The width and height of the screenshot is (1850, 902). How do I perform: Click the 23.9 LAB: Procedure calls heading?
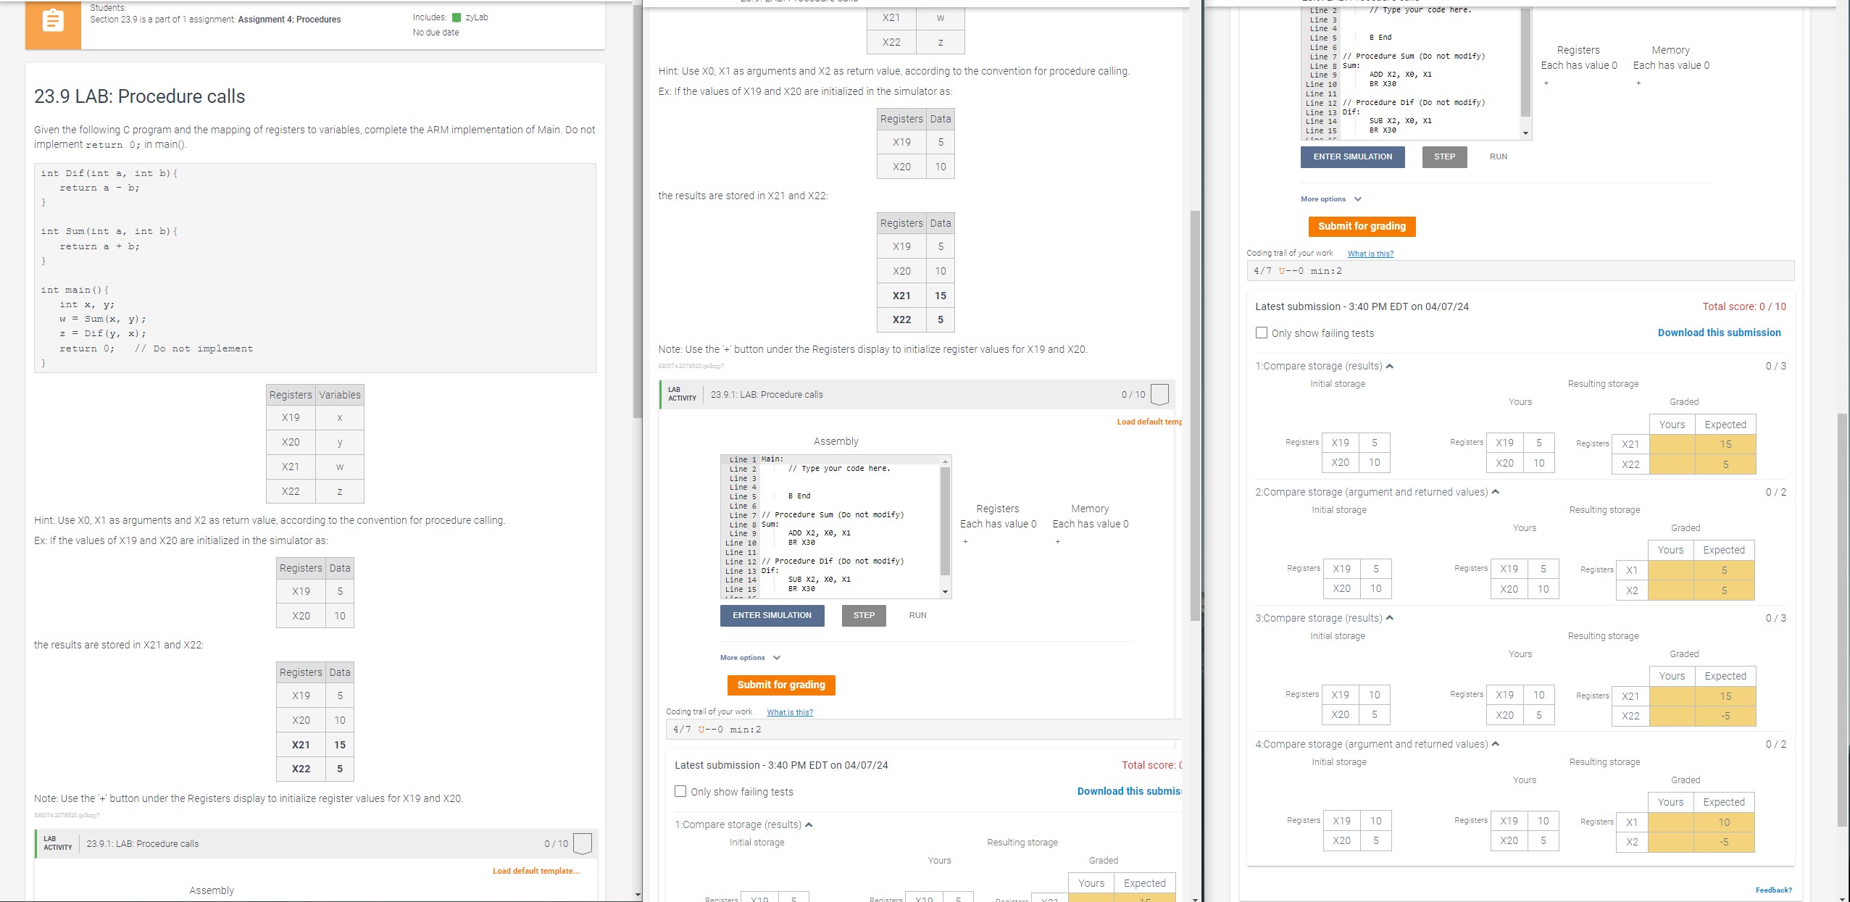(139, 96)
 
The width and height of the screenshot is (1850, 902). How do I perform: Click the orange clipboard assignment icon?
(53, 22)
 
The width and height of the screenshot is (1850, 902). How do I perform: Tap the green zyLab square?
(457, 17)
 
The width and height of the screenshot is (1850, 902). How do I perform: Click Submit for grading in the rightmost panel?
(1361, 226)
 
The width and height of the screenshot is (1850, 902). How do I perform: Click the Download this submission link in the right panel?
(1719, 333)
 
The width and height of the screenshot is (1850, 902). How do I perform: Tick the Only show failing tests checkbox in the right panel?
(1262, 333)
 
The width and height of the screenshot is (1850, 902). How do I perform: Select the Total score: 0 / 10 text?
(1743, 306)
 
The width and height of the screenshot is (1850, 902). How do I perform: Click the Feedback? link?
(1773, 890)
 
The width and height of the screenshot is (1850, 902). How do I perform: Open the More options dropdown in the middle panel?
(750, 658)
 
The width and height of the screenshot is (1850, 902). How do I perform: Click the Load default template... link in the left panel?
(536, 871)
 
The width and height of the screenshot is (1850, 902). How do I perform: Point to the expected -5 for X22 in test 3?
(1725, 716)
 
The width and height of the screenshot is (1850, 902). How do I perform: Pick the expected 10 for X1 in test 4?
(1724, 822)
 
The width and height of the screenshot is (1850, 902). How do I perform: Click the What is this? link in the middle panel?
(790, 712)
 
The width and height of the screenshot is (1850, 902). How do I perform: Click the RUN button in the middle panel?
(917, 615)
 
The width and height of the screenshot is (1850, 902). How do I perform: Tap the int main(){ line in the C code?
(75, 290)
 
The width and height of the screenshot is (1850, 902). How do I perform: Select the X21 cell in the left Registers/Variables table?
(291, 467)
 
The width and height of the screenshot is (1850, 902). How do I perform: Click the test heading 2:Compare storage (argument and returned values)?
(1371, 492)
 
